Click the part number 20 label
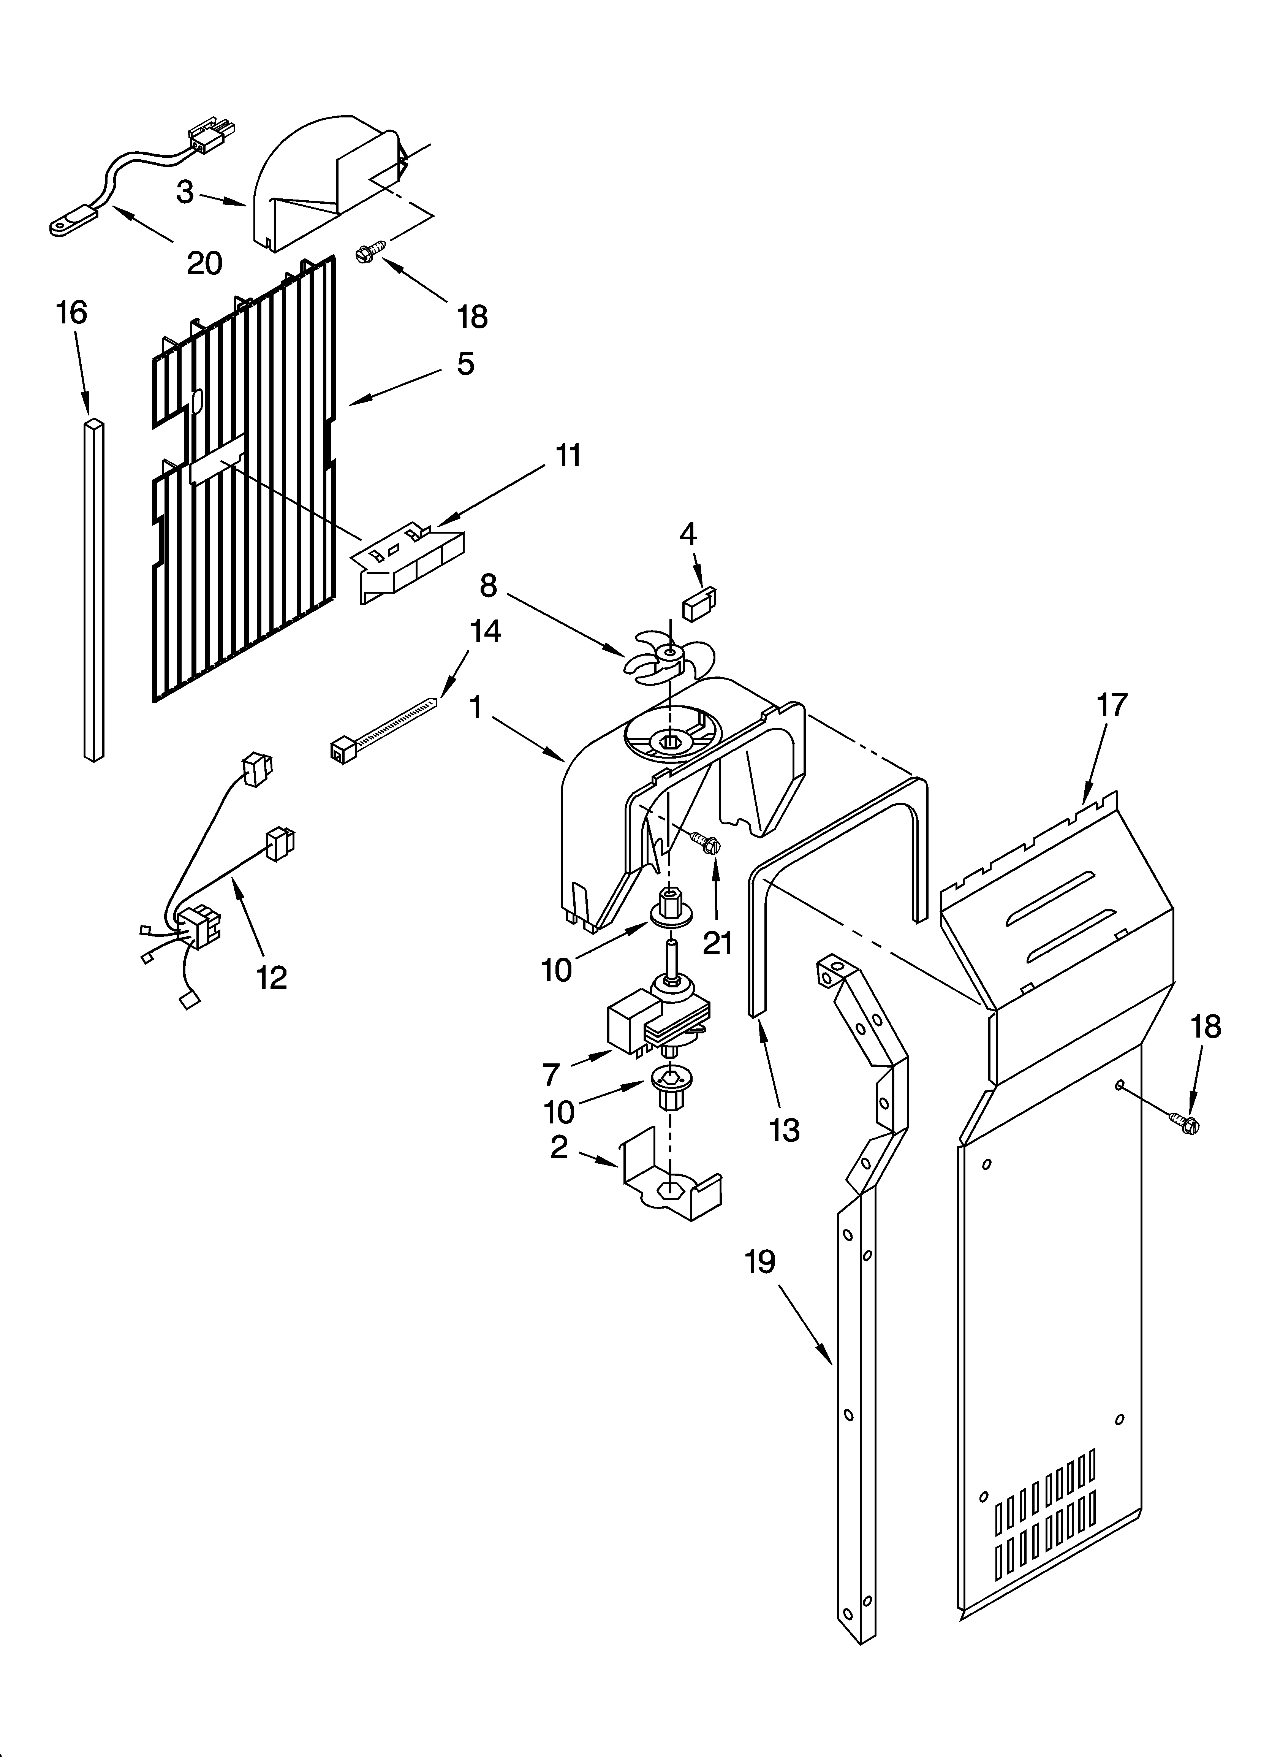pyautogui.click(x=204, y=263)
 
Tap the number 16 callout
pyautogui.click(x=71, y=313)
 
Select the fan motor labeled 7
pyautogui.click(x=658, y=1021)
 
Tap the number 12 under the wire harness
pyautogui.click(x=272, y=978)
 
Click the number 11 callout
pyautogui.click(x=569, y=456)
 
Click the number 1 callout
pyautogui.click(x=476, y=707)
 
